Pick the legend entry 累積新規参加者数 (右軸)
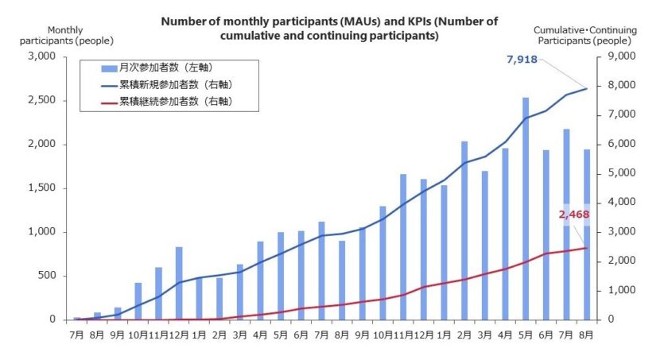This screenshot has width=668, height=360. point(175,84)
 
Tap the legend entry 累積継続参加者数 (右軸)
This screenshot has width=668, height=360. point(175,102)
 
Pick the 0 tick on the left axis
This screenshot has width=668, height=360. point(51,319)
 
